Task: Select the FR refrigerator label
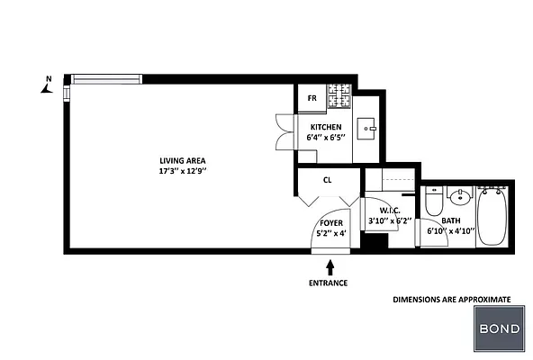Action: [x=312, y=97]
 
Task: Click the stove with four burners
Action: [x=339, y=94]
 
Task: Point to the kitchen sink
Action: [x=367, y=128]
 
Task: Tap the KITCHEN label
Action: [x=325, y=127]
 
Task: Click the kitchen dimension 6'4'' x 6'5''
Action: [x=325, y=138]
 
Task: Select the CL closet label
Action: [x=327, y=180]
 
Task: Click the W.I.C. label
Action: [x=377, y=211]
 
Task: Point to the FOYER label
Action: [x=331, y=222]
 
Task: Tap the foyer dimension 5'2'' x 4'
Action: [x=331, y=234]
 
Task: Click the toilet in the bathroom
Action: [x=434, y=202]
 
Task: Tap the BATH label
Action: [x=450, y=220]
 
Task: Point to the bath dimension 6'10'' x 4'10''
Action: [x=450, y=230]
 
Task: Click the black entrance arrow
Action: [x=330, y=266]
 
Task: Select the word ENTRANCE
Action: [x=328, y=283]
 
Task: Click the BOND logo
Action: [x=498, y=328]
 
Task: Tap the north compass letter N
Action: [x=49, y=79]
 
